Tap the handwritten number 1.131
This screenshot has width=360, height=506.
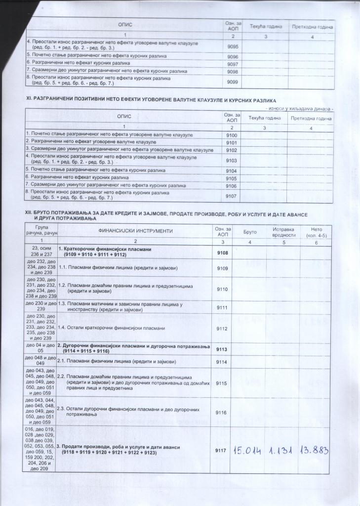click(x=283, y=450)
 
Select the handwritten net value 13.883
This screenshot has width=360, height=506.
click(x=314, y=450)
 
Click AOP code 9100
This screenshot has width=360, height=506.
click(x=231, y=135)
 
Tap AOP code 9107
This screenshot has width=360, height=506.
click(x=231, y=196)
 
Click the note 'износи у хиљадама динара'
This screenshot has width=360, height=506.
click(x=300, y=108)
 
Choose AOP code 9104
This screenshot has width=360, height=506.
click(x=231, y=170)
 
